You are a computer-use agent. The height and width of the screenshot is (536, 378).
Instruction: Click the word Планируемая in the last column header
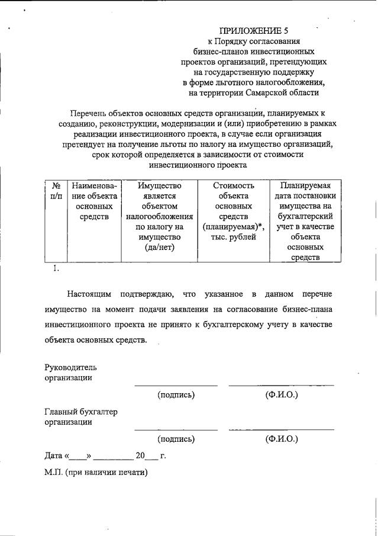click(306, 185)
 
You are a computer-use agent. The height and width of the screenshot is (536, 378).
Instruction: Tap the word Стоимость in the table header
click(233, 185)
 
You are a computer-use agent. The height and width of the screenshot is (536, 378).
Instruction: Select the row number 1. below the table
click(56, 268)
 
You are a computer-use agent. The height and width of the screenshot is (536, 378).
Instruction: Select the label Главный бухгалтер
click(81, 412)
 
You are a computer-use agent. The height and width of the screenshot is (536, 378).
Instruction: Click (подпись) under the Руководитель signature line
click(176, 394)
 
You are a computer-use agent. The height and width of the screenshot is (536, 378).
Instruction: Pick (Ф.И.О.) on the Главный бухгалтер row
click(282, 439)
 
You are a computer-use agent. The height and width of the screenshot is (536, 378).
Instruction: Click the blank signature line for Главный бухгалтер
click(176, 429)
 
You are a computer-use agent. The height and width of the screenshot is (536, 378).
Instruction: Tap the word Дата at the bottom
click(54, 456)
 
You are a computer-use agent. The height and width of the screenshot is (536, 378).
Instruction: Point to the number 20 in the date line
click(140, 456)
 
